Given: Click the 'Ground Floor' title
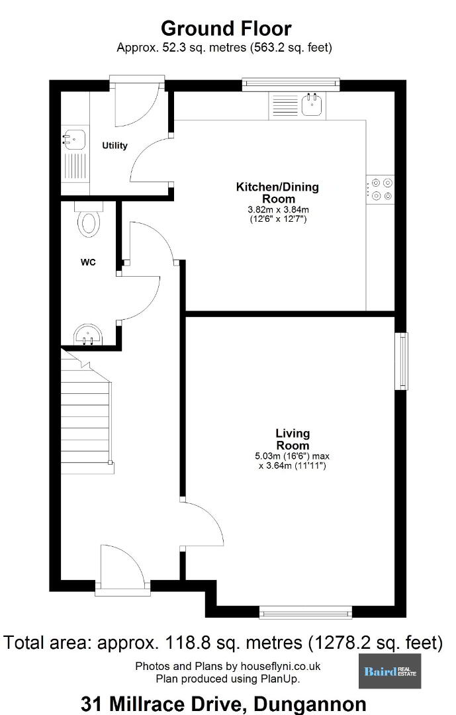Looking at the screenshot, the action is click(x=226, y=28).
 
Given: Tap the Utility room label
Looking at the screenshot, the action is click(x=114, y=146).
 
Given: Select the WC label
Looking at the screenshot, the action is click(x=88, y=262).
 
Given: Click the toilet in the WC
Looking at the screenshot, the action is click(x=89, y=220).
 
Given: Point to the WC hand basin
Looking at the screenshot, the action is click(x=89, y=335).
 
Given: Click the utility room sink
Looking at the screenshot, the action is click(x=74, y=138).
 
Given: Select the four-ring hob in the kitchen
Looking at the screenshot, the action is click(x=381, y=189).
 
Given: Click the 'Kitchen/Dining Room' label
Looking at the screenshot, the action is click(x=278, y=193).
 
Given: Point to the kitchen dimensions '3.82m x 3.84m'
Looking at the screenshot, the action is click(x=278, y=210).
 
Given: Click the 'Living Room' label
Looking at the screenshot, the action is click(x=293, y=439).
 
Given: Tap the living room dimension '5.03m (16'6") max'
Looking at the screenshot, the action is click(x=293, y=455).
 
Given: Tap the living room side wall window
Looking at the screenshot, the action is click(x=401, y=361).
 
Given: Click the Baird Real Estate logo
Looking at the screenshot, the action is click(x=390, y=671).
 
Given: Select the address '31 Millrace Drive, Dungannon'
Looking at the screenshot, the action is click(x=224, y=704).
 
